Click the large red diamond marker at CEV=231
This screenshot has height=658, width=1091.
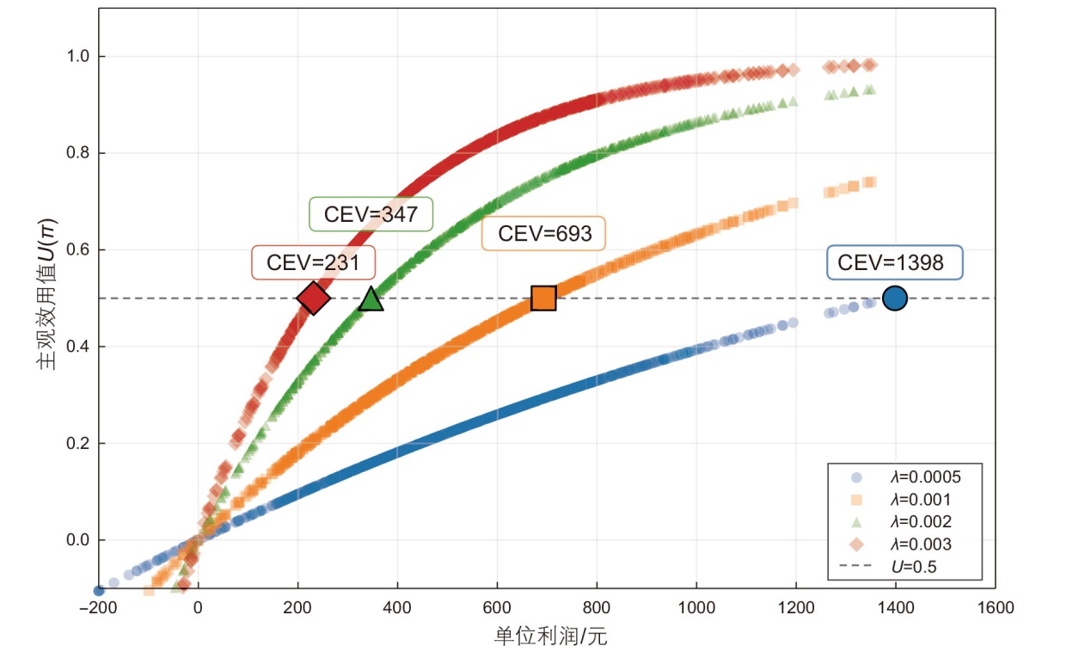coord(314,298)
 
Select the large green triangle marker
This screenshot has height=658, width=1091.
coord(371,298)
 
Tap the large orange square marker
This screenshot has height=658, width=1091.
coord(543,298)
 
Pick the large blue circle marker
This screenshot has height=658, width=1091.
coord(895,298)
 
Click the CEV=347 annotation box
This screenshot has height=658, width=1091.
coord(371,214)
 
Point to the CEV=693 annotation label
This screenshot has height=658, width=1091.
coord(543,233)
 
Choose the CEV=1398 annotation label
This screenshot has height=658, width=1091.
coord(894,263)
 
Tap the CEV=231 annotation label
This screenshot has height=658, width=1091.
coord(313,263)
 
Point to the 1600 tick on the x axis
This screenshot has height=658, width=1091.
coord(995,608)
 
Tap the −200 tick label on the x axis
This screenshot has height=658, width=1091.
coord(96,608)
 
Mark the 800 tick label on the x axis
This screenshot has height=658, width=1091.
coord(597,608)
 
